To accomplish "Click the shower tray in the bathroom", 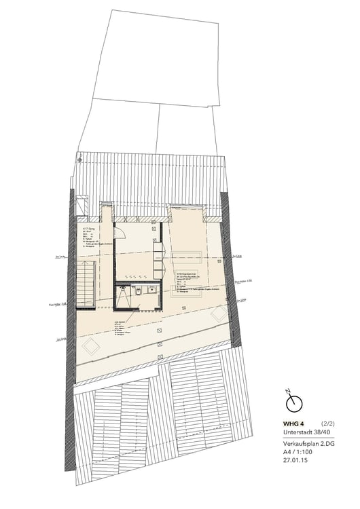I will pyautogui.click(x=123, y=296).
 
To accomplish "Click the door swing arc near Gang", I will pyautogui.click(x=119, y=230).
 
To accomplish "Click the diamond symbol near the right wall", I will pyautogui.click(x=219, y=314).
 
